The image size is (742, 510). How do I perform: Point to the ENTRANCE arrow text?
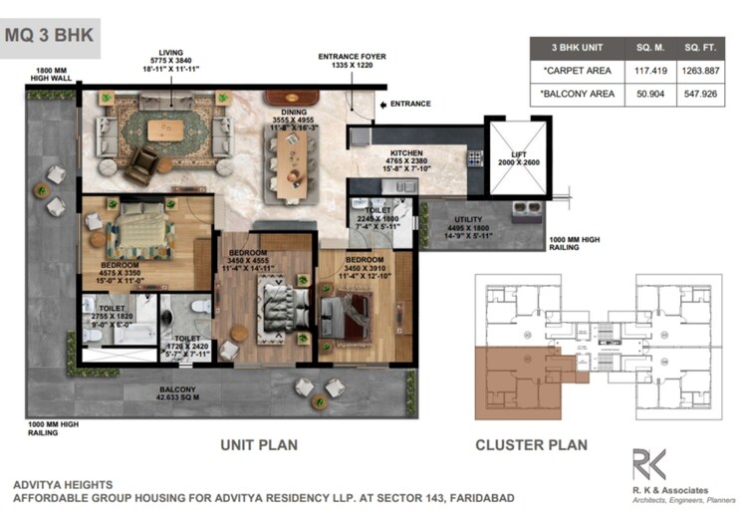click(x=409, y=104)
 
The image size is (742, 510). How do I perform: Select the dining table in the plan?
click(x=290, y=161)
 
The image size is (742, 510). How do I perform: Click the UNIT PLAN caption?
click(x=257, y=445)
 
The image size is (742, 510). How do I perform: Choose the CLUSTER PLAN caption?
click(x=531, y=445)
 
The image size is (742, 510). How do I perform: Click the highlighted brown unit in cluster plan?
click(x=514, y=379)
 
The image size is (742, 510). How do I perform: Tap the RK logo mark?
click(x=648, y=465)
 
